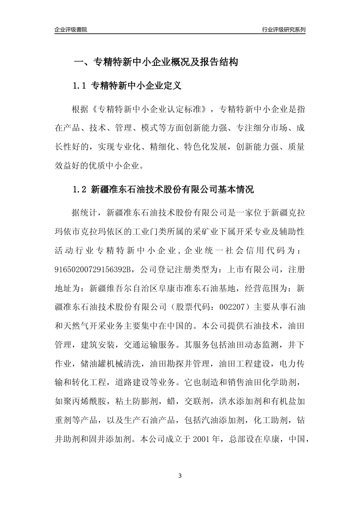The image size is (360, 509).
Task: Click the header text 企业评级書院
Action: (71, 30)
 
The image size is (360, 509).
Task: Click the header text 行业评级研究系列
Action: (283, 30)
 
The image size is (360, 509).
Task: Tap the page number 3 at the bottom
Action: (180, 476)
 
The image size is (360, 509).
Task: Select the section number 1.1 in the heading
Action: (80, 86)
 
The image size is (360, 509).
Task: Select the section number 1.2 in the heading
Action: (80, 189)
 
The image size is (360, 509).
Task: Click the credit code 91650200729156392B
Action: (93, 270)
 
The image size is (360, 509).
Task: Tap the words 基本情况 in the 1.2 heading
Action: (235, 189)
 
